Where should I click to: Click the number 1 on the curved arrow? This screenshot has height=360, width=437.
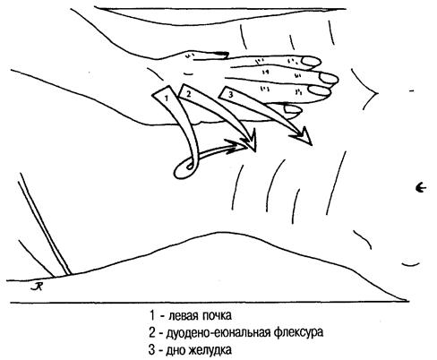[x=167, y=98]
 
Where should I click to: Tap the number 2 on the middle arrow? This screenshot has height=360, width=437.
[x=188, y=94]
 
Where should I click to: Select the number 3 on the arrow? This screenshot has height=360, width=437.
[x=230, y=95]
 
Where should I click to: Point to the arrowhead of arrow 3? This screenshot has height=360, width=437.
[x=302, y=136]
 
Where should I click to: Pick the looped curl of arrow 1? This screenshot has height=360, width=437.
[x=185, y=169]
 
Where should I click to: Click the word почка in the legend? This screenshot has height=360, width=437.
[x=217, y=316]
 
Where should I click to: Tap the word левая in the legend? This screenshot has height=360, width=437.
[x=184, y=316]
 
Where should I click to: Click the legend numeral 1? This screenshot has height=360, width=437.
[x=152, y=315]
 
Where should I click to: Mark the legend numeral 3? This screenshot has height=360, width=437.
[x=152, y=350]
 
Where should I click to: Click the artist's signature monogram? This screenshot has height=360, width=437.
[x=37, y=287]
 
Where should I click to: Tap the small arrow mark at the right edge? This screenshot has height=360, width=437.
[x=421, y=188]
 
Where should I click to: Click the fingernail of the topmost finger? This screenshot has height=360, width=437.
[x=312, y=62]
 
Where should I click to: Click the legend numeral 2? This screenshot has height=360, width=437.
[x=152, y=333]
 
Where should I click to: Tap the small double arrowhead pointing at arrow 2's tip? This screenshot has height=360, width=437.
[x=236, y=146]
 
